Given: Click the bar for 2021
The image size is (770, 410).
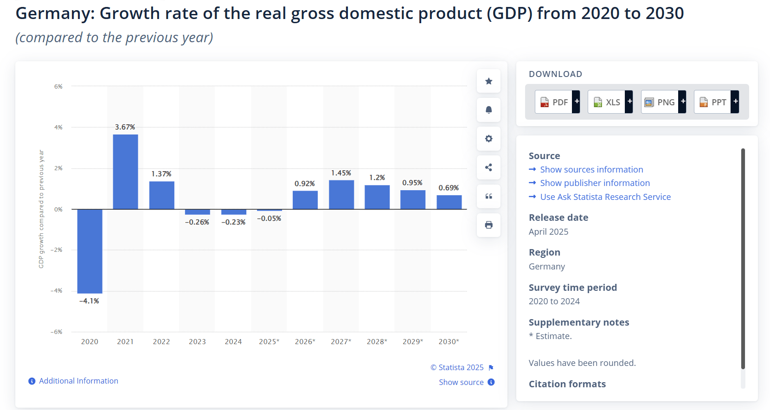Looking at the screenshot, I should click(x=125, y=172).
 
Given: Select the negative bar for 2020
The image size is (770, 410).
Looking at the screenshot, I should click(x=90, y=251).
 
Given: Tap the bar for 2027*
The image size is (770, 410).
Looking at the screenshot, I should click(x=341, y=194).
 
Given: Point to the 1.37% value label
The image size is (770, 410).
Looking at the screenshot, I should click(x=161, y=174).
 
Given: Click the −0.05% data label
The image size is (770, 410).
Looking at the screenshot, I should click(x=269, y=218).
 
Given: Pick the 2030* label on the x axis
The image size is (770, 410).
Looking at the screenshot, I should click(x=449, y=342).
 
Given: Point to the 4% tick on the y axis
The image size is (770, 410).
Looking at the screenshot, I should click(x=58, y=127).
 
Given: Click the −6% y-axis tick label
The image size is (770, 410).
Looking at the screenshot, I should click(x=57, y=332).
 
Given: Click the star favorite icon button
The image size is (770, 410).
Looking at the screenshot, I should click(x=488, y=81).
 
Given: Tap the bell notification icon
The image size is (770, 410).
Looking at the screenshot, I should click(x=488, y=110).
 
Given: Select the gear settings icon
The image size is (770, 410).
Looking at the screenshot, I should click(x=488, y=139).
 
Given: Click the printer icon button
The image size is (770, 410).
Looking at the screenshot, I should click(x=488, y=225).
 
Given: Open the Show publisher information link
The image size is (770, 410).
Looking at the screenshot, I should click(x=595, y=183).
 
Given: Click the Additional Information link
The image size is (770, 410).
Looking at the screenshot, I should click(x=78, y=381).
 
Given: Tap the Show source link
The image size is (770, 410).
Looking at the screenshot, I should click(x=462, y=382).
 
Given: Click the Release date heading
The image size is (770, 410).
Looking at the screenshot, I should click(x=558, y=218).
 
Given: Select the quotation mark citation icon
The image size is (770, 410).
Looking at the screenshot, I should click(x=488, y=196).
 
